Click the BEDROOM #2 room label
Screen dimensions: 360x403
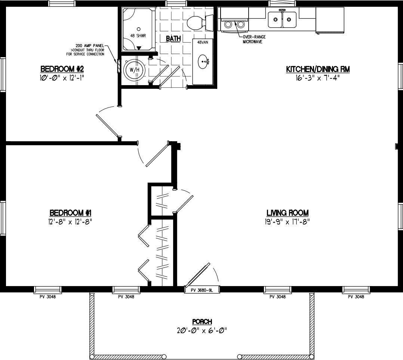[x=62, y=69]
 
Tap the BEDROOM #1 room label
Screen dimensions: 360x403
[x=71, y=213]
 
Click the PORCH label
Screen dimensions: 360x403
[x=202, y=322]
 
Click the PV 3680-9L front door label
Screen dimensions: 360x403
[x=202, y=290]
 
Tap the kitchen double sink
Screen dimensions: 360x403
[x=282, y=19]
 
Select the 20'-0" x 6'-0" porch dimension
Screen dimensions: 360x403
[x=202, y=330]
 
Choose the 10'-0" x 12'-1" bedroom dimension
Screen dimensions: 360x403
[x=62, y=77]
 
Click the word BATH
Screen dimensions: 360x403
[x=173, y=38]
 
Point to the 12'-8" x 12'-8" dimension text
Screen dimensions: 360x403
[x=71, y=221]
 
